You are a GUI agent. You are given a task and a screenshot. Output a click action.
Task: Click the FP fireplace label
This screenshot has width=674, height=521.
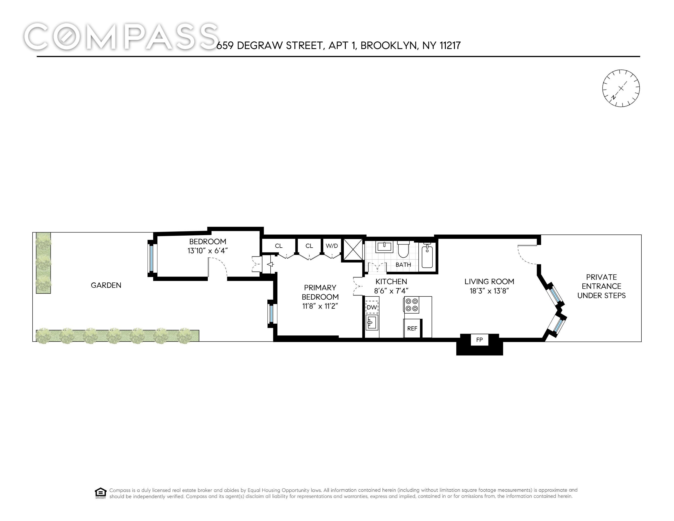point(479,340)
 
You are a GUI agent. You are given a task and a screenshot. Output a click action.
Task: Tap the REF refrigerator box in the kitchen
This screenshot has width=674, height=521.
point(412,328)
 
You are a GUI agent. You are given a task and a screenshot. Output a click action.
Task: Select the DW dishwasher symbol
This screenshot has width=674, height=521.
point(372,307)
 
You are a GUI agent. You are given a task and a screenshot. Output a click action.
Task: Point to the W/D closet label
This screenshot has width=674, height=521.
point(332,246)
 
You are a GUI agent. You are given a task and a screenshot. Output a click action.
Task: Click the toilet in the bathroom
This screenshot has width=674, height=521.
point(403,250)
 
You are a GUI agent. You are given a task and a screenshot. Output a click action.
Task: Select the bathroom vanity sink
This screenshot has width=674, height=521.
point(384,247)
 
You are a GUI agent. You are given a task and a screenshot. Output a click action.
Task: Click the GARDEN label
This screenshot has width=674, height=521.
point(106,285)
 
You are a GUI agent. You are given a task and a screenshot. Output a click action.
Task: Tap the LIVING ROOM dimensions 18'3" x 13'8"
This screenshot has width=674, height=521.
point(489,291)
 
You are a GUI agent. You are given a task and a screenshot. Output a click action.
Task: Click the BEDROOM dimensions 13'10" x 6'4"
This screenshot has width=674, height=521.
point(208,251)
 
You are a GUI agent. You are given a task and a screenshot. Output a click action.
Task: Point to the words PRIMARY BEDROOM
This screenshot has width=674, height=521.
point(320,292)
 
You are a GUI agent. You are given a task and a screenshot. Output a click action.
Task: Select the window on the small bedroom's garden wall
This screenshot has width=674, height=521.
point(151,258)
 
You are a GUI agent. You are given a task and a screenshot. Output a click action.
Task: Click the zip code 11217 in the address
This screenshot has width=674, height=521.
point(450,46)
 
